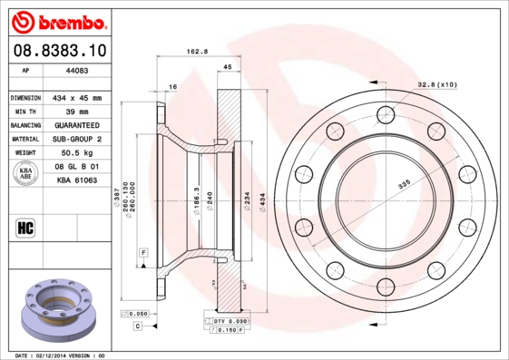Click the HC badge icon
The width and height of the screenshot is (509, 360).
(26, 228)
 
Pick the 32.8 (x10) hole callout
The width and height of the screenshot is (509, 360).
(437, 83)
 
